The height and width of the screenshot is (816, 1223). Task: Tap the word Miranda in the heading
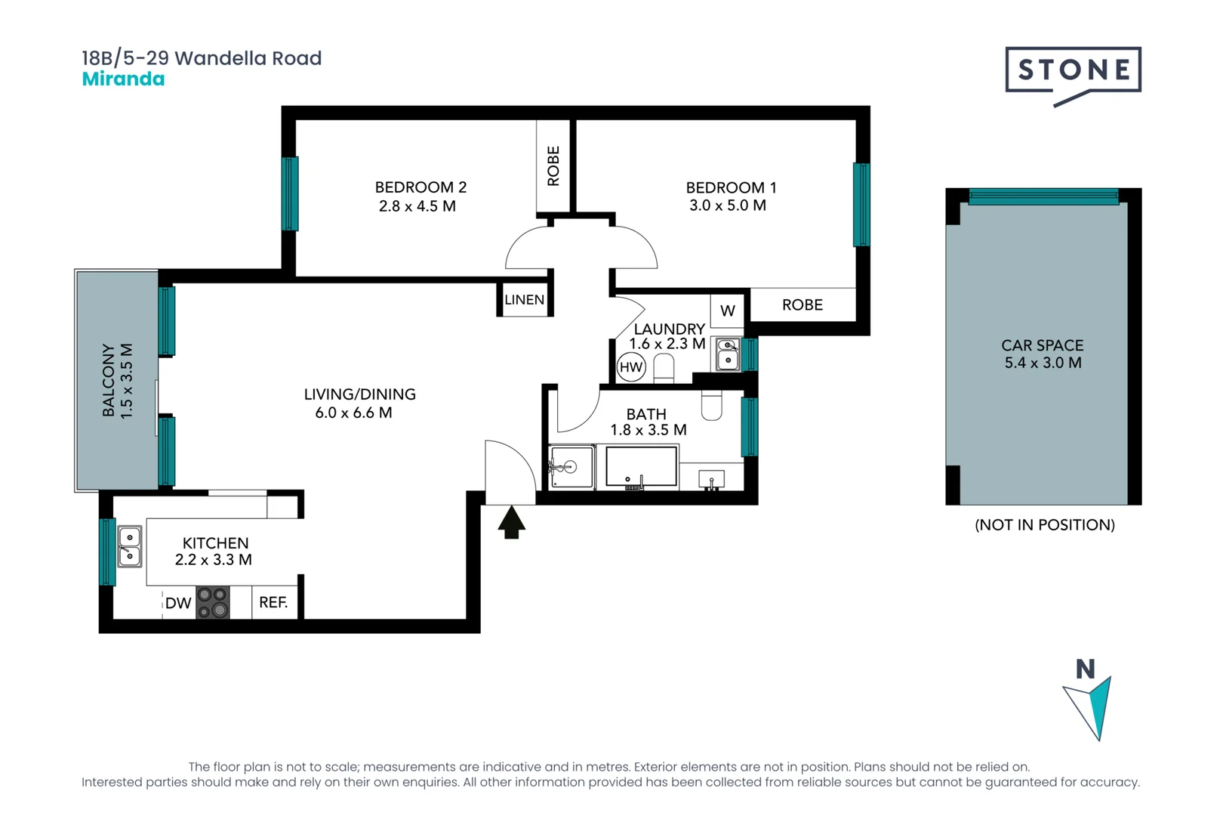pos(123,79)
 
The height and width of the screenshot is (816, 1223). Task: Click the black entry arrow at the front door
pos(511,522)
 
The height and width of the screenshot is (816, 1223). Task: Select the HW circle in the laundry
pos(630,368)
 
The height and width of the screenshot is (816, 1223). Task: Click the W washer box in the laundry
pos(727,311)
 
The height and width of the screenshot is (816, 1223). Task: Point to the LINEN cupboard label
pos(524,300)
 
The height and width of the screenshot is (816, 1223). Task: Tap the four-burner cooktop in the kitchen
pos(212,602)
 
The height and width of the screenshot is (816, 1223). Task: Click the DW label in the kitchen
pos(178,603)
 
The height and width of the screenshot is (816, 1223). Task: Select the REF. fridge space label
pos(273,602)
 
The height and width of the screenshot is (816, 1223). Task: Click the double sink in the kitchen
pos(129,546)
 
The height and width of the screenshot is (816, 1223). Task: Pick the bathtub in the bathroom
pos(641,466)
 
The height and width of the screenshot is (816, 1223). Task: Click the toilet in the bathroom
pos(711,406)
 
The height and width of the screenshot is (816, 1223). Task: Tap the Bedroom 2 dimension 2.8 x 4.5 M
pos(417,206)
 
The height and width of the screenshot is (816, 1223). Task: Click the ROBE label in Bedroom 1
pos(802,305)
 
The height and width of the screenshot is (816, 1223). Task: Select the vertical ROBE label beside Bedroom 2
pos(553,166)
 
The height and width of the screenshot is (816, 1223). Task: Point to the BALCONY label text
pos(109,380)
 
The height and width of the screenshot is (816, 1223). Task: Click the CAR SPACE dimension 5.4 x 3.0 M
pos(1043,363)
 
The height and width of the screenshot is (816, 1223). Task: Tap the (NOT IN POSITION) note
pos(1044,525)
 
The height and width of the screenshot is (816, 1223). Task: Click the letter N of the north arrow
pos(1085,669)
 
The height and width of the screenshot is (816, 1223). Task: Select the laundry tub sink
pos(728,354)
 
